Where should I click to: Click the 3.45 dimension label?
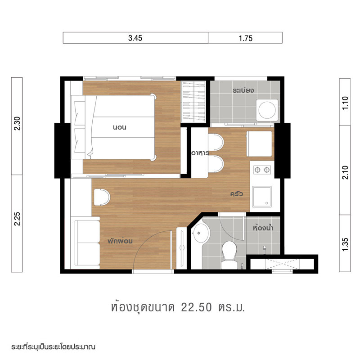[135, 38]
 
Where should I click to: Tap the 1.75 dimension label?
[245, 38]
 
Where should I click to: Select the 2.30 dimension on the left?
[17, 123]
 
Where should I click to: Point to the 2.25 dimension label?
[17, 219]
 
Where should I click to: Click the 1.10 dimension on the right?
[345, 103]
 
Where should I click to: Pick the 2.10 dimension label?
[345, 172]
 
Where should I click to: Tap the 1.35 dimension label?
[345, 244]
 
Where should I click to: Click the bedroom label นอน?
[120, 127]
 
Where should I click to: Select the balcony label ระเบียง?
[243, 90]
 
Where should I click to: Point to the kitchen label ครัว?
[237, 194]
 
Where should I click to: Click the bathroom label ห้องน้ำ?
[263, 228]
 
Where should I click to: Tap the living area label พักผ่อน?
[120, 241]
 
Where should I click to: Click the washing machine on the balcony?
[267, 110]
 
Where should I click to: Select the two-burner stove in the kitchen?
[262, 170]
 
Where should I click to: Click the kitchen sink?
[262, 197]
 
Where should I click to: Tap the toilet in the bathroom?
[229, 254]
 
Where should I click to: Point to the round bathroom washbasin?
[201, 233]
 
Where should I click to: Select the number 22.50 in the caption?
[196, 307]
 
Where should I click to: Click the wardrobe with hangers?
[193, 102]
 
